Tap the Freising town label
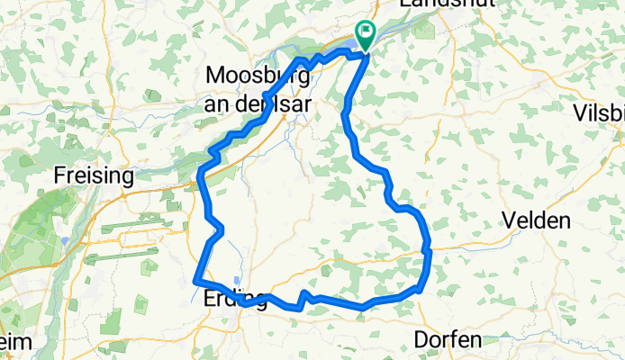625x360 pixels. point(94,175)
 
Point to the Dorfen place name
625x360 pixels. point(448,339)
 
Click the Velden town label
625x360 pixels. point(537,220)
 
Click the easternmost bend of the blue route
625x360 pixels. point(430,251)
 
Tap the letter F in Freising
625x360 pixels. point(60,175)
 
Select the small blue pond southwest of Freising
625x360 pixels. point(66,240)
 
